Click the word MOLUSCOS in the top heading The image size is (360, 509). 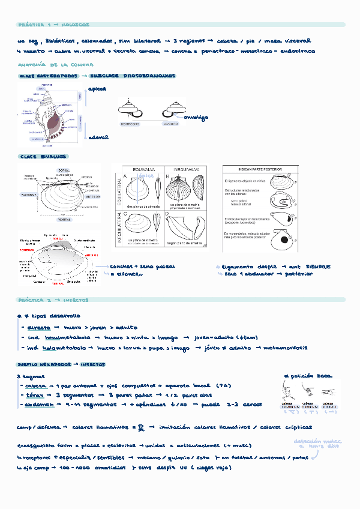point(75,25)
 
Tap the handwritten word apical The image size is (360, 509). point(98,89)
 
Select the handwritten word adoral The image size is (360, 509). point(98,137)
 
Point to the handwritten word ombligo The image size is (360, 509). point(196,118)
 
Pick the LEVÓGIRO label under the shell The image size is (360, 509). point(170,124)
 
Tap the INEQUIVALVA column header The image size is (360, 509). point(185,170)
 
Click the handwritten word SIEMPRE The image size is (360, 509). point(316,267)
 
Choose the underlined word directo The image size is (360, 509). point(38,327)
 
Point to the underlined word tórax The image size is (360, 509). point(35,396)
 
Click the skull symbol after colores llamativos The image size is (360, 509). point(141,427)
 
